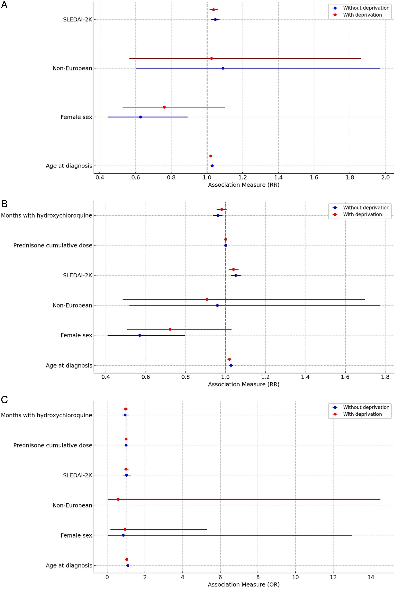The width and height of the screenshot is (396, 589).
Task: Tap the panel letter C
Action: [4, 400]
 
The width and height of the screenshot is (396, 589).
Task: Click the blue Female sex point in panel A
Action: [141, 117]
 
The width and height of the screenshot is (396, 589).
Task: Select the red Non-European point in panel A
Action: [211, 58]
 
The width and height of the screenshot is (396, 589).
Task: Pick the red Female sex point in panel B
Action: [170, 329]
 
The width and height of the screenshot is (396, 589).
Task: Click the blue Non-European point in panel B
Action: [217, 305]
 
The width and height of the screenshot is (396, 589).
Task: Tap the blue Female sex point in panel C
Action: [123, 535]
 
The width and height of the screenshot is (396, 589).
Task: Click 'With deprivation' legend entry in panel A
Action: [362, 15]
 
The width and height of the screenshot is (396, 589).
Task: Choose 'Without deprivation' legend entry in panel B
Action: [366, 208]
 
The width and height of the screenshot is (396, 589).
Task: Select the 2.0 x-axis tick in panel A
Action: [385, 178]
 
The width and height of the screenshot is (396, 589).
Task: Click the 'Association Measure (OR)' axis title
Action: [243, 584]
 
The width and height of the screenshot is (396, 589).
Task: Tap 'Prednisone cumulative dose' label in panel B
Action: [53, 245]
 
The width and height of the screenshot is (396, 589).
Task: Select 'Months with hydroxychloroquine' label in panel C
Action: [46, 415]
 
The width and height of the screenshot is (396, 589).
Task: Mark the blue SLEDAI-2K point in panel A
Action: [215, 19]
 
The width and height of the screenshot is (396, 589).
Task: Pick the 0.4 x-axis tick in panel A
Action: [100, 178]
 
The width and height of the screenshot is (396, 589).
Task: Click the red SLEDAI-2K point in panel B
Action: [233, 269]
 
